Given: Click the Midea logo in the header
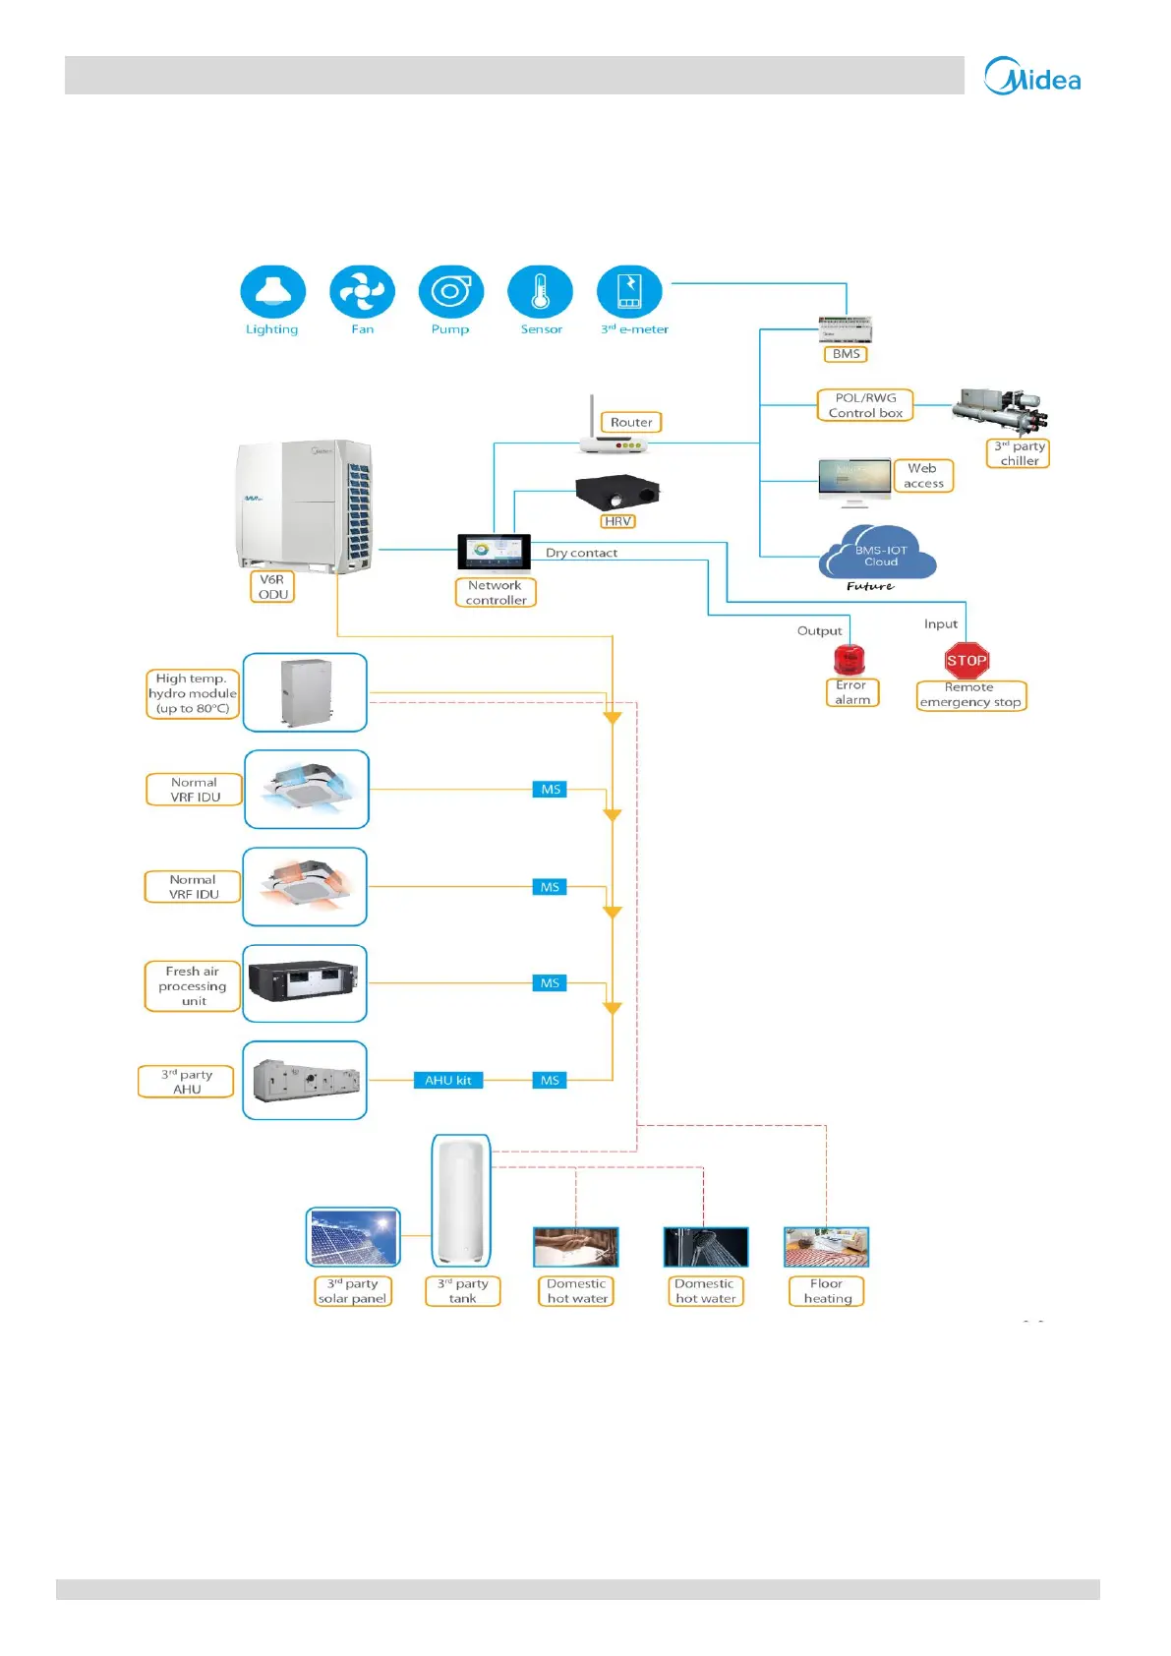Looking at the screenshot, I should click(1032, 77).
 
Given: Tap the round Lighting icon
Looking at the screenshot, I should click(272, 292).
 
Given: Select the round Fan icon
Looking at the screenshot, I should click(362, 292).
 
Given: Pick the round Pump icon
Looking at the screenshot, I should click(450, 292).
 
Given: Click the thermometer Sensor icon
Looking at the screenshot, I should click(540, 292).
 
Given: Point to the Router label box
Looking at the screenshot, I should click(631, 422).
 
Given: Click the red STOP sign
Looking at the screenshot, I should click(966, 661).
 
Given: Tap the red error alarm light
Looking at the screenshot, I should click(849, 660).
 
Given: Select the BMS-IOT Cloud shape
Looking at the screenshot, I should click(877, 555).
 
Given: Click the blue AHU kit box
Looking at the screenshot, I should click(447, 1080).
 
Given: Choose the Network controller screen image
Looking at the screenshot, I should click(494, 552).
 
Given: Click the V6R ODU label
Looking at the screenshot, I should click(272, 587).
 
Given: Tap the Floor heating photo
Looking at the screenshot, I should click(826, 1247).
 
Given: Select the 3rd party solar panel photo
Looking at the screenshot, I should click(353, 1237).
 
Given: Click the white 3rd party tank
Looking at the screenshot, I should click(461, 1200).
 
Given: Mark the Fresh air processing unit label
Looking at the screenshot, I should click(193, 986).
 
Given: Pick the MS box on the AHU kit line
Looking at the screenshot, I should click(550, 1080).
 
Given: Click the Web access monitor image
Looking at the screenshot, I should click(854, 480).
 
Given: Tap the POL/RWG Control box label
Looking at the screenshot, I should click(865, 405).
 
